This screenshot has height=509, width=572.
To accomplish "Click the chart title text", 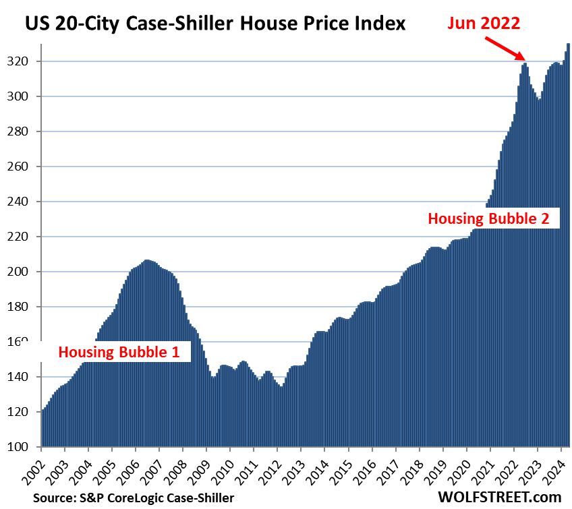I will point(216,24).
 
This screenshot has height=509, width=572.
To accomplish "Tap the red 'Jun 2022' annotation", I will point(484,24).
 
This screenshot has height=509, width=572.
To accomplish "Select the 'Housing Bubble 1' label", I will point(123,351).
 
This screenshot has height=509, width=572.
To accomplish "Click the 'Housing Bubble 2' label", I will point(494,218).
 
